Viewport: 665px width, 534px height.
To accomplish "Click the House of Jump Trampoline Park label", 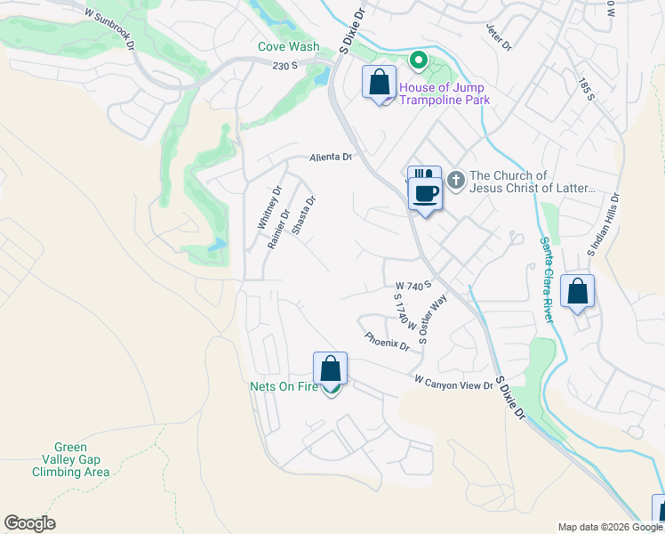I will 444,93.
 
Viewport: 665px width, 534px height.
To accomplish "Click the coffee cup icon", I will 425,193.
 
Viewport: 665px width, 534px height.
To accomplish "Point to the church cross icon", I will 455,181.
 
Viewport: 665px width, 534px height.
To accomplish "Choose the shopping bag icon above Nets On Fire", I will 330,368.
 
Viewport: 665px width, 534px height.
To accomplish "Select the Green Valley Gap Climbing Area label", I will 82,459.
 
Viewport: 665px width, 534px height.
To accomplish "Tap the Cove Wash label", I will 289,46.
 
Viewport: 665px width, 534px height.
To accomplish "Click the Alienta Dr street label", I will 331,157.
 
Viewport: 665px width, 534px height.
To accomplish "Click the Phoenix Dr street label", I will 387,340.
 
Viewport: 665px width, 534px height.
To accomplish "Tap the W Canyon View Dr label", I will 453,382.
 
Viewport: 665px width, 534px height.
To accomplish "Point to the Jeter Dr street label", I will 501,37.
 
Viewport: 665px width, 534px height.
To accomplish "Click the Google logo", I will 29,523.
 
